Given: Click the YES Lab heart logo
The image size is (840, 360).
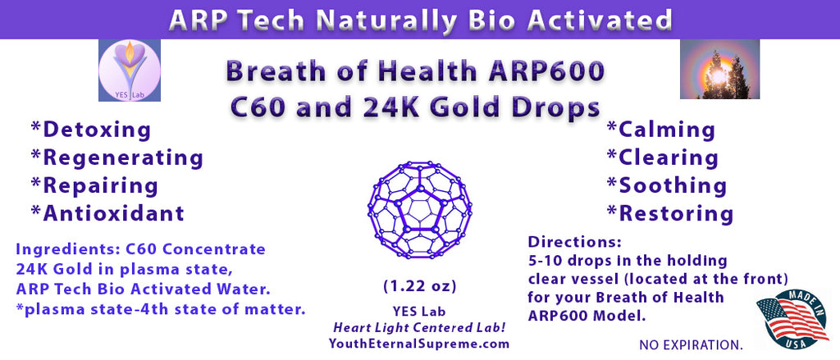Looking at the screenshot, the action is (x=130, y=71).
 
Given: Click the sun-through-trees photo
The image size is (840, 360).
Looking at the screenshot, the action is (x=719, y=69).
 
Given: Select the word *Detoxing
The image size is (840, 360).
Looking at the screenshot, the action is (x=90, y=130).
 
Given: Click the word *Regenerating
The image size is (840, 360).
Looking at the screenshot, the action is (x=116, y=158).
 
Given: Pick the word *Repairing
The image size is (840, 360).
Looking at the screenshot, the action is (x=94, y=186).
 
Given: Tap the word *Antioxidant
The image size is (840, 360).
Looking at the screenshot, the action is (x=107, y=213).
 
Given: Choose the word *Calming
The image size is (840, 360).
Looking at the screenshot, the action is (x=660, y=130).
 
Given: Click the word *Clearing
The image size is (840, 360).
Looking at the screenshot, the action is (x=662, y=157).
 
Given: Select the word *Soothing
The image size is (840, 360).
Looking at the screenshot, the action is (x=666, y=185).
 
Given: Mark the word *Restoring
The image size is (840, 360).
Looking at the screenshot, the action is (x=669, y=213).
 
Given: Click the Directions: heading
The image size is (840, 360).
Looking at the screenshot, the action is (x=574, y=242).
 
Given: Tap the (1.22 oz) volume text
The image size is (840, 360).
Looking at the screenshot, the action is (x=420, y=287).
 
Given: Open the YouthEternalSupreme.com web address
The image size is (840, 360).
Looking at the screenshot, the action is (x=420, y=343).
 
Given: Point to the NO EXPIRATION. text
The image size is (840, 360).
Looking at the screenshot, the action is (x=691, y=345).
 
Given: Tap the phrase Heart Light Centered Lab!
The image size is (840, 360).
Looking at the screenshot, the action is (x=420, y=327).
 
